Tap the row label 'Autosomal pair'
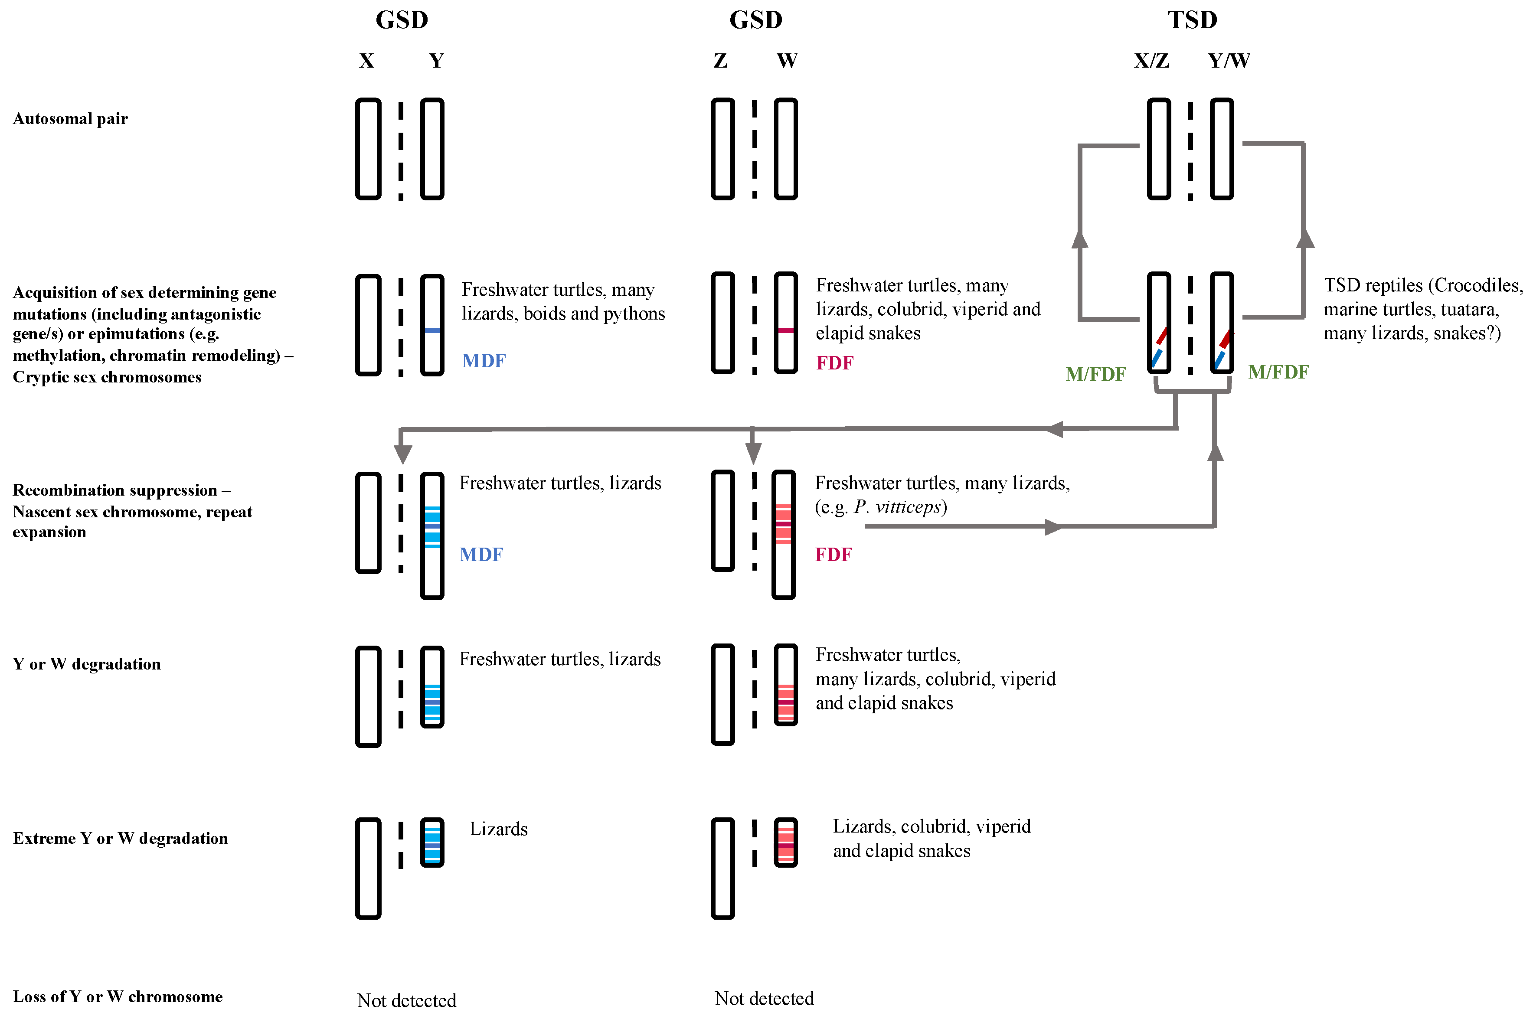(x=70, y=119)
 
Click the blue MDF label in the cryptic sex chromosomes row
(x=484, y=361)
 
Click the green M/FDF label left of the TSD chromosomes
(x=1095, y=374)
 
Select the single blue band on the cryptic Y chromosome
(x=432, y=331)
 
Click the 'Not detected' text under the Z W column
(x=764, y=998)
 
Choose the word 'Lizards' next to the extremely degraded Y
(x=498, y=829)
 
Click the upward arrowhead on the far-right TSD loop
(x=1305, y=239)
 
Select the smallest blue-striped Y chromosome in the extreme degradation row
(x=432, y=842)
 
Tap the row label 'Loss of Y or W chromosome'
(x=118, y=997)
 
